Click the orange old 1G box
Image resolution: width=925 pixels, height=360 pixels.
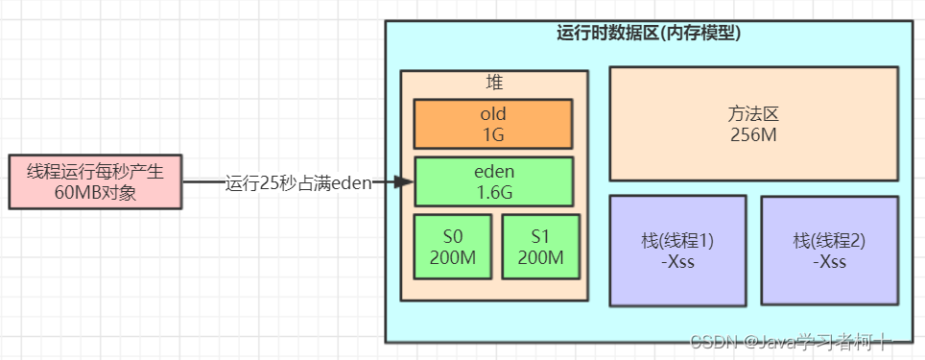click(493, 124)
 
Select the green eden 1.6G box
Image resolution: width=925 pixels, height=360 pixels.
click(493, 180)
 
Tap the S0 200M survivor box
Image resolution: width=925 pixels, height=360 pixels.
click(452, 247)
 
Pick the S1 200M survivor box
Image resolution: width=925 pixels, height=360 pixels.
click(541, 247)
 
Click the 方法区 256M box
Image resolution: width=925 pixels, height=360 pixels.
click(753, 123)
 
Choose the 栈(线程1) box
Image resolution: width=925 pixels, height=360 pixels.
click(677, 251)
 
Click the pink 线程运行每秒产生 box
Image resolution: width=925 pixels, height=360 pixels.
click(95, 181)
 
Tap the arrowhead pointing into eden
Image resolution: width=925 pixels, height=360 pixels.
click(406, 181)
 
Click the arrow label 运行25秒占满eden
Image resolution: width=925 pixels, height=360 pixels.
click(297, 182)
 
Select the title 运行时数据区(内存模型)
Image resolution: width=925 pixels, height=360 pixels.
click(649, 33)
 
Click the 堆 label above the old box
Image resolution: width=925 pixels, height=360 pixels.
click(494, 83)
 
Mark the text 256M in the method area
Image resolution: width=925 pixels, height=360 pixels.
click(753, 133)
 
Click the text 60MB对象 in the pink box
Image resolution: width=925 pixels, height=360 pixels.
click(95, 191)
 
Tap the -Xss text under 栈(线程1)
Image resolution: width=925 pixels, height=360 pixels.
click(677, 261)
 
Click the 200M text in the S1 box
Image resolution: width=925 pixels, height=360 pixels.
click(541, 256)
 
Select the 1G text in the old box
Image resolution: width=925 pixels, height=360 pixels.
click(493, 133)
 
